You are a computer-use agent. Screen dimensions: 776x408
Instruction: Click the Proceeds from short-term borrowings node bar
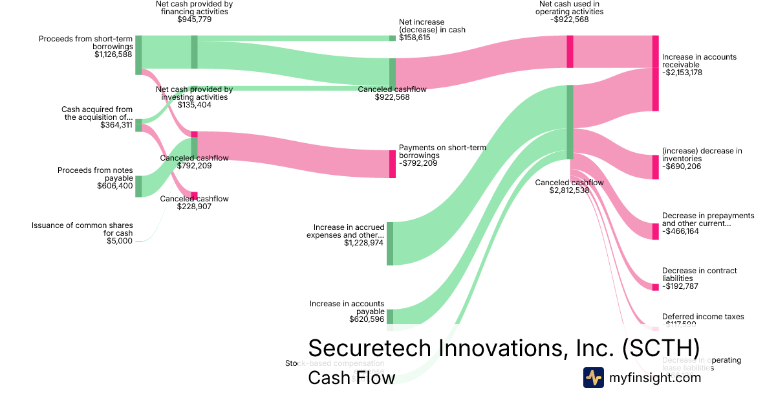click(138, 55)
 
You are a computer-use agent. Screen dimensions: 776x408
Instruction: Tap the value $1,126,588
click(113, 54)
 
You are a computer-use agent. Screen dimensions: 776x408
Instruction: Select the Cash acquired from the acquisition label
click(97, 113)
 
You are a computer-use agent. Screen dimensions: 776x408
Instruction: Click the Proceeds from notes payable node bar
click(138, 186)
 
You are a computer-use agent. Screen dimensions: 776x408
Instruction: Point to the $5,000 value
click(120, 241)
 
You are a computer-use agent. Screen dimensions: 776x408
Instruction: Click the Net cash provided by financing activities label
click(194, 7)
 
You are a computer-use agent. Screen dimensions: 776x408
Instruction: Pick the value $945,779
click(194, 19)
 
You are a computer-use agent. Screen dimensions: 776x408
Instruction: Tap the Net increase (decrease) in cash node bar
click(392, 38)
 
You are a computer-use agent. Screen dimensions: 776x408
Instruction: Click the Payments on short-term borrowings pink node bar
click(392, 164)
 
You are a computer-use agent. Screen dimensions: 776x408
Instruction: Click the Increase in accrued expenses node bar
click(390, 244)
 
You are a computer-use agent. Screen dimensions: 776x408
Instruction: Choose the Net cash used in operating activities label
click(570, 7)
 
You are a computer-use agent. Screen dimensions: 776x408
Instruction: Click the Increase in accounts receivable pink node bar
click(655, 73)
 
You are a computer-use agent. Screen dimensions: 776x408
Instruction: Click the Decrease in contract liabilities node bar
click(655, 286)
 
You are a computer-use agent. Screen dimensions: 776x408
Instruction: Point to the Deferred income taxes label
click(703, 317)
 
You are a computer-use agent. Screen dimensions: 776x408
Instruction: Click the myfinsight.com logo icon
click(593, 378)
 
